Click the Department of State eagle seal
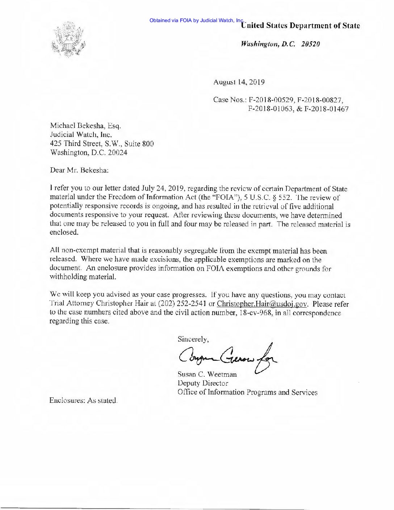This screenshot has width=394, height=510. [69, 40]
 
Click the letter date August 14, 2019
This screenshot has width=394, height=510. [239, 82]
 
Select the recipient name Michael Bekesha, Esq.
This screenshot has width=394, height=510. [83, 126]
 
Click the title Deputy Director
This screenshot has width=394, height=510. [202, 383]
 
